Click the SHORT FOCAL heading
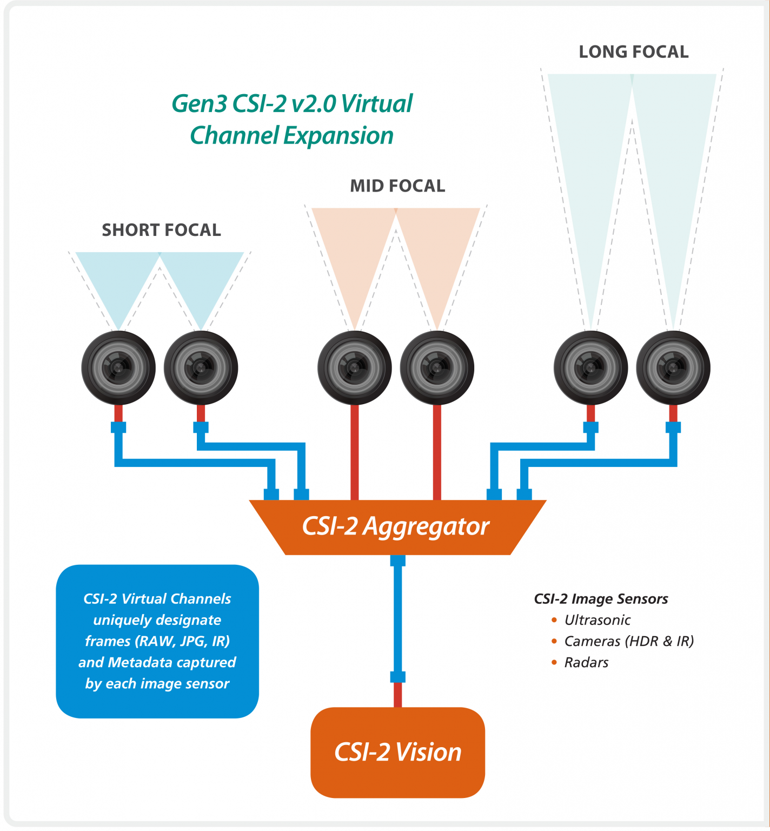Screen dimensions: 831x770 tap(161, 230)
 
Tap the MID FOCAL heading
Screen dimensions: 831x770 tap(397, 186)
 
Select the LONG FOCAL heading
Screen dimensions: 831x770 tap(633, 52)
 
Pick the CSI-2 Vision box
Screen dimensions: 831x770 tap(397, 752)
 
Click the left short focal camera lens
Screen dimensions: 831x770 tap(118, 368)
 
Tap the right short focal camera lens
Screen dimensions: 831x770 tap(201, 368)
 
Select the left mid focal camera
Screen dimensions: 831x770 tap(355, 368)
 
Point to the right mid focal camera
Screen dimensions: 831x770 tap(437, 368)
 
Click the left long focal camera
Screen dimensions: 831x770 tap(590, 368)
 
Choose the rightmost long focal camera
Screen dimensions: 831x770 tap(673, 368)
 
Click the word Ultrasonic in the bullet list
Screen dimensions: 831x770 tap(598, 620)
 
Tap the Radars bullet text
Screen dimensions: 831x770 tap(586, 662)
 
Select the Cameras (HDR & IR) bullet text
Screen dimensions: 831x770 tap(629, 641)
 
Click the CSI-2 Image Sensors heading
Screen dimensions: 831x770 tap(601, 599)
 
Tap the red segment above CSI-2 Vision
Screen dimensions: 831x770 tap(398, 695)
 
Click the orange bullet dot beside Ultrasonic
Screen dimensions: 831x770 tap(554, 620)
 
